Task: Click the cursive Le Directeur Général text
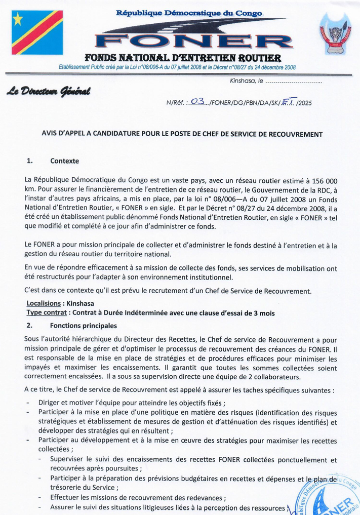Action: point(48,92)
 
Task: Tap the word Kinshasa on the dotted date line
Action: point(236,81)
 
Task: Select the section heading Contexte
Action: point(65,162)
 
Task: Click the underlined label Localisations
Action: point(43,304)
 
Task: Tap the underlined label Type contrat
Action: point(46,313)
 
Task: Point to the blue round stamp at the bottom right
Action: point(332,496)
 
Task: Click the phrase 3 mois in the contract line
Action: point(264,313)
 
